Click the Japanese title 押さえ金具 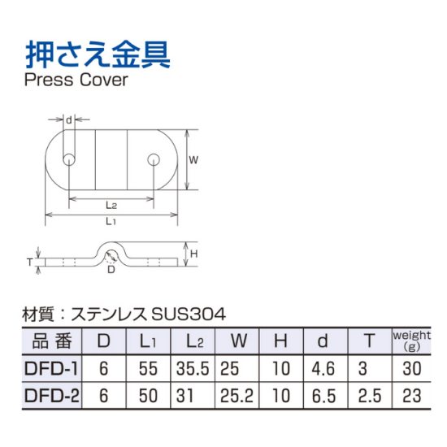click(98, 54)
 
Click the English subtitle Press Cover click(76, 80)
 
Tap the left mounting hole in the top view click(69, 159)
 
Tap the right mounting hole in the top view click(154, 159)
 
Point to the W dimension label click(193, 160)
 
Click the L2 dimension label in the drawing click(111, 205)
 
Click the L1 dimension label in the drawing click(111, 221)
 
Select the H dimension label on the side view click(194, 254)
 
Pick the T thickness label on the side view click(29, 262)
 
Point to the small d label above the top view click(69, 120)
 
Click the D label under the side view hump click(111, 269)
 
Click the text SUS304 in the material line click(189, 315)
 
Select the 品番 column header click(51, 341)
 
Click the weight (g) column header click(412, 341)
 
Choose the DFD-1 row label click(51, 368)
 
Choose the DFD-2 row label click(52, 396)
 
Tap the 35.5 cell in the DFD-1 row click(193, 368)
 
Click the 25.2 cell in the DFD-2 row click(237, 396)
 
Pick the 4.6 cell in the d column click(323, 368)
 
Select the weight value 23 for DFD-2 click(412, 396)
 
